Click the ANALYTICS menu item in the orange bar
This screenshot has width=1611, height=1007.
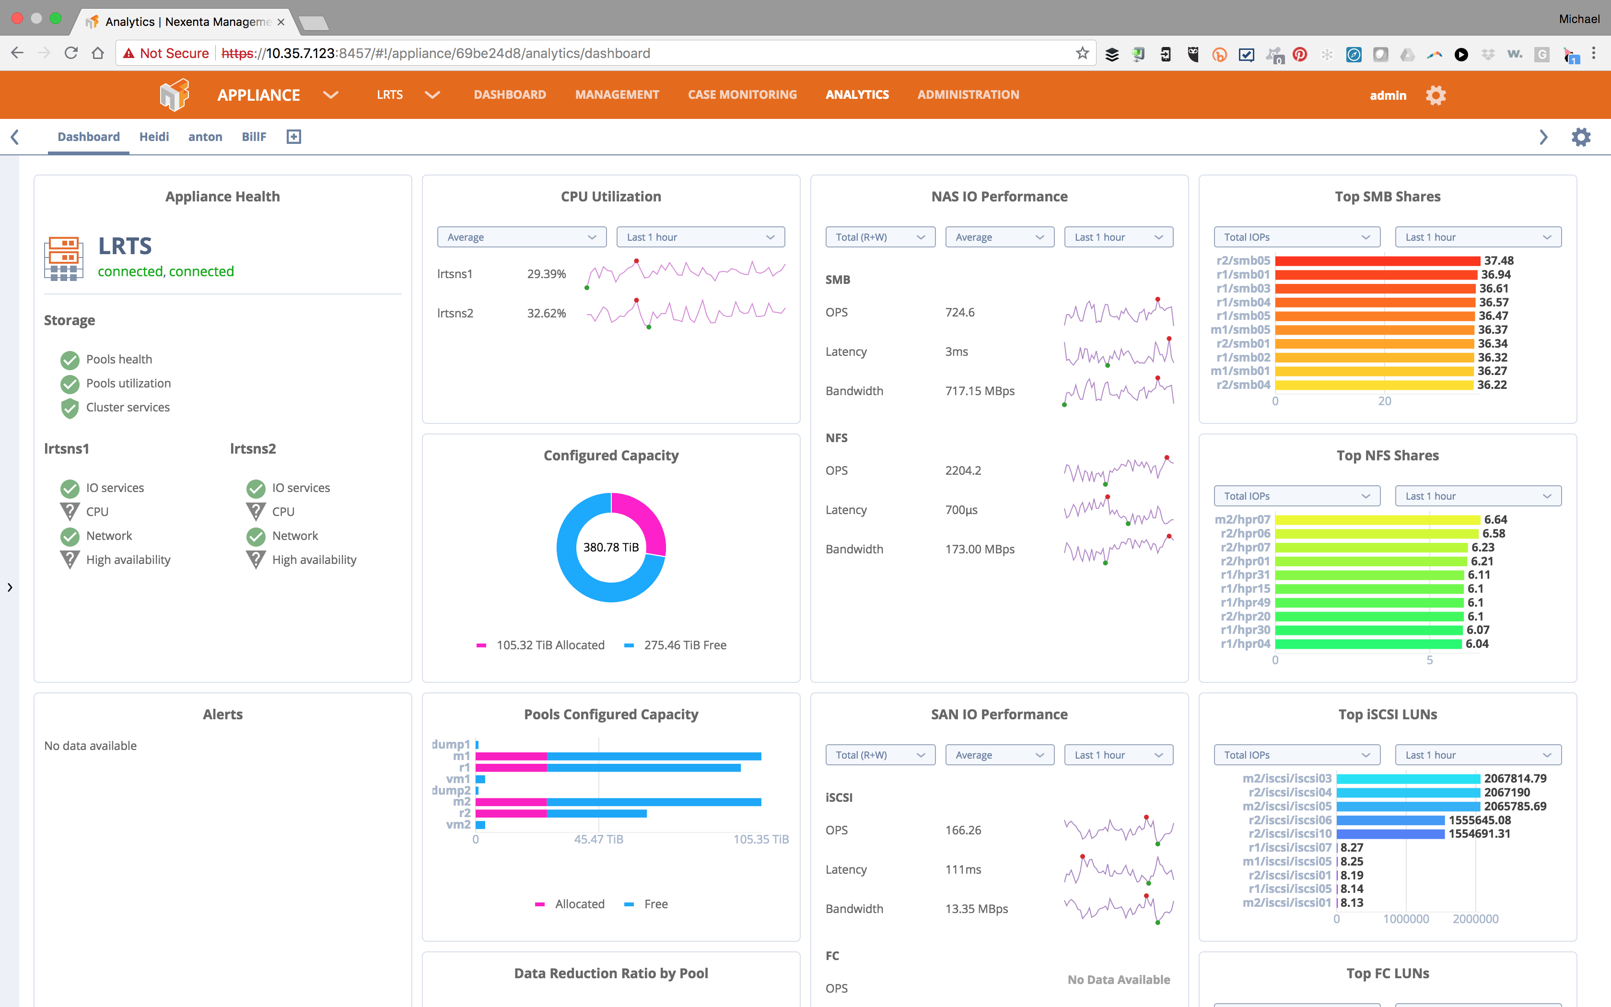tap(857, 94)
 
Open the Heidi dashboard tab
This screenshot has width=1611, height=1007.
tap(154, 137)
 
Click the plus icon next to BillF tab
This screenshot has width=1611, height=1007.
tap(293, 137)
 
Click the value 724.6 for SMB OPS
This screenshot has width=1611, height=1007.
tap(959, 312)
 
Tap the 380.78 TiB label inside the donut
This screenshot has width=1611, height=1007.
tap(610, 547)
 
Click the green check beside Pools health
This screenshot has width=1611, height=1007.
tap(70, 360)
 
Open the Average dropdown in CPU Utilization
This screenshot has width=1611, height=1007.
tap(521, 237)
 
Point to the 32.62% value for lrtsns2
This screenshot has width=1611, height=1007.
tap(546, 313)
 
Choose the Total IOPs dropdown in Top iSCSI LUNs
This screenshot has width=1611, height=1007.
tap(1296, 755)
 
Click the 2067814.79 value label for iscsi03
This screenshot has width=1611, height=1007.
tap(1515, 778)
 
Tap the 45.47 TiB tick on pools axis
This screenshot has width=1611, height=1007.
tap(598, 839)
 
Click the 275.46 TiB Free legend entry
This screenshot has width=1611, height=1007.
tap(684, 644)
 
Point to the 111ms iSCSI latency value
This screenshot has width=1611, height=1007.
tap(963, 869)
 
